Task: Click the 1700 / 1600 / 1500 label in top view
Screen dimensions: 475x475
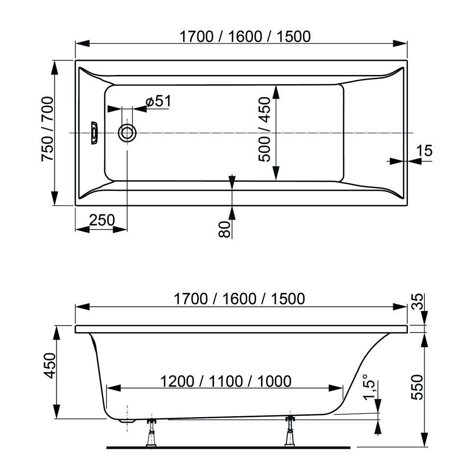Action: pyautogui.click(x=245, y=36)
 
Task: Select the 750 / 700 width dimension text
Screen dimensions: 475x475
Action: pyautogui.click(x=47, y=129)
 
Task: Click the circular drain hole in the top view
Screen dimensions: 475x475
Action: pyautogui.click(x=127, y=133)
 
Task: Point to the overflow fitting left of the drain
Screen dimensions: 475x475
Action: pyautogui.click(x=94, y=133)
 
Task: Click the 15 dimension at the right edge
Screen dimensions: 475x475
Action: pyautogui.click(x=426, y=151)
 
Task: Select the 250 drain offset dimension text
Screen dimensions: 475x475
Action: pyautogui.click(x=101, y=220)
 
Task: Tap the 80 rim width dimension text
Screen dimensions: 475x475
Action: pyautogui.click(x=224, y=229)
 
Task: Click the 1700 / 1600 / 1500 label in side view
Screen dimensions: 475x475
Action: pyautogui.click(x=239, y=298)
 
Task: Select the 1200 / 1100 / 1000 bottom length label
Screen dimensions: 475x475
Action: pyautogui.click(x=226, y=380)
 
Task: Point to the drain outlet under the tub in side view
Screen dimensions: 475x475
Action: pyautogui.click(x=128, y=420)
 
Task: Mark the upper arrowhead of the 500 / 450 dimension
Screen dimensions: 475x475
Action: pyautogui.click(x=276, y=91)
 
